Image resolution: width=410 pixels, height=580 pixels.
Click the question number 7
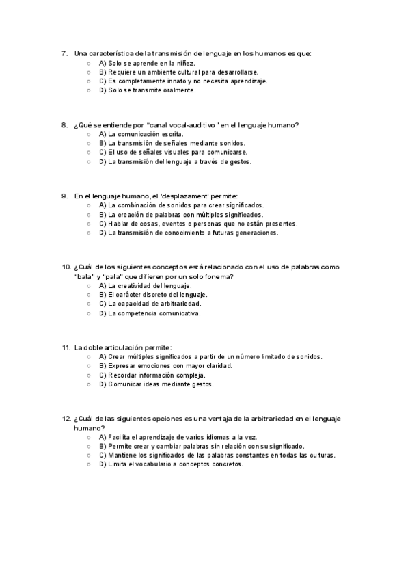pyautogui.click(x=64, y=53)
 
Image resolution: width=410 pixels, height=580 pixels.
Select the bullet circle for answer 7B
pyautogui.click(x=89, y=72)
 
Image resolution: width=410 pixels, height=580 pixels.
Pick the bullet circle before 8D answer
pyautogui.click(x=89, y=162)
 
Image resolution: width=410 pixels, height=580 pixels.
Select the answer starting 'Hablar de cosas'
pyautogui.click(x=198, y=224)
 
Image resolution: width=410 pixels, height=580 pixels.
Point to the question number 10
pyautogui.click(x=66, y=267)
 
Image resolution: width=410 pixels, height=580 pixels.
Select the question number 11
pyautogui.click(x=66, y=347)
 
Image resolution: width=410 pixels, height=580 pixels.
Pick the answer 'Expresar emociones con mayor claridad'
pyautogui.click(x=165, y=366)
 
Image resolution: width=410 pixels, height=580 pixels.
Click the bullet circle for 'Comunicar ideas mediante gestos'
pyautogui.click(x=89, y=384)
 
